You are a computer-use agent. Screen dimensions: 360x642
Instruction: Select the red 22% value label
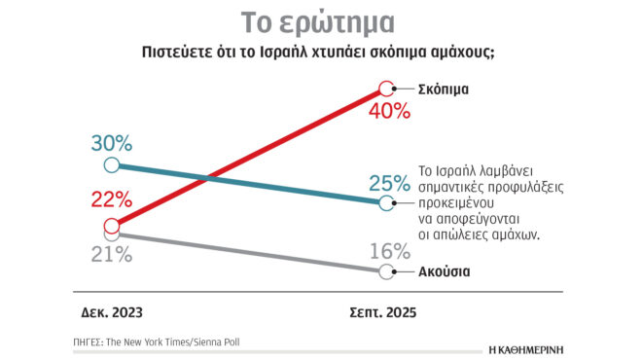click(112, 200)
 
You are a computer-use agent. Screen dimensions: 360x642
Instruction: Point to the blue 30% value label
click(112, 143)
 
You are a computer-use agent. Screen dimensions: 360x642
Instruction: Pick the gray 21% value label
click(112, 256)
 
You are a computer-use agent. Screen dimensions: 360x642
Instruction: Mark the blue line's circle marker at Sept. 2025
click(387, 203)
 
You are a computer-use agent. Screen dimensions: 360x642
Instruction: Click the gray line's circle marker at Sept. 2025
click(387, 271)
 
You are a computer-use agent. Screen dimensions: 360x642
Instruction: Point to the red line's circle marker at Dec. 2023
click(112, 225)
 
